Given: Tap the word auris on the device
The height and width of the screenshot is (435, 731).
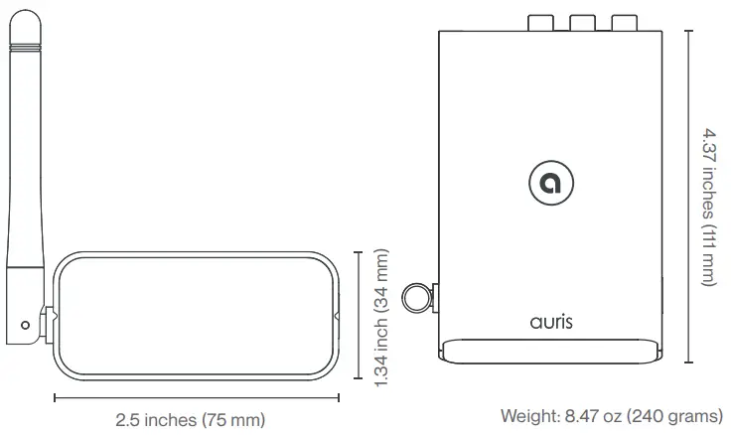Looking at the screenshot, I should tap(551, 322).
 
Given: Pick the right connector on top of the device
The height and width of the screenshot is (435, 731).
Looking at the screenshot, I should tap(623, 22).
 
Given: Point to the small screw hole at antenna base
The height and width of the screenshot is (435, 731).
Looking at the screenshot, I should tap(26, 324).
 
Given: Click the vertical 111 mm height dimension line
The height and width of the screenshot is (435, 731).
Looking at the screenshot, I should tap(688, 195).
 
